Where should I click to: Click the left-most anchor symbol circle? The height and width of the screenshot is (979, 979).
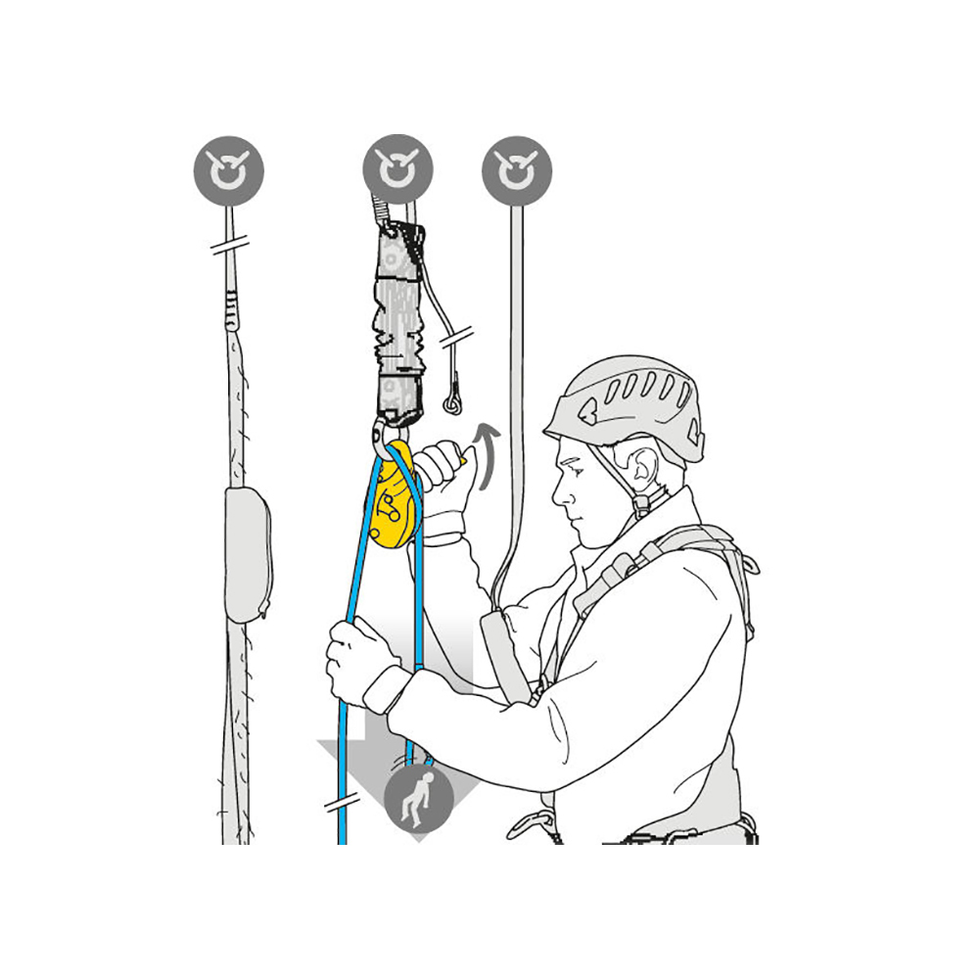228,170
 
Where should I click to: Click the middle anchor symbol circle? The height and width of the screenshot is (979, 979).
397,170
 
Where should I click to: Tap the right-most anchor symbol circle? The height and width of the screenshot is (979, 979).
516,170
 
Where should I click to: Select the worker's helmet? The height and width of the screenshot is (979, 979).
627,401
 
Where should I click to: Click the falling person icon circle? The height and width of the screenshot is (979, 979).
419,797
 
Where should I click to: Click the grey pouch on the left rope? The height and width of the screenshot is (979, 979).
248,554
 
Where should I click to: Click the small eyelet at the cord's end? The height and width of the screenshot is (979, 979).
453,400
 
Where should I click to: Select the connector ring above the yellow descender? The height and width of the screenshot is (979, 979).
385,433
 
